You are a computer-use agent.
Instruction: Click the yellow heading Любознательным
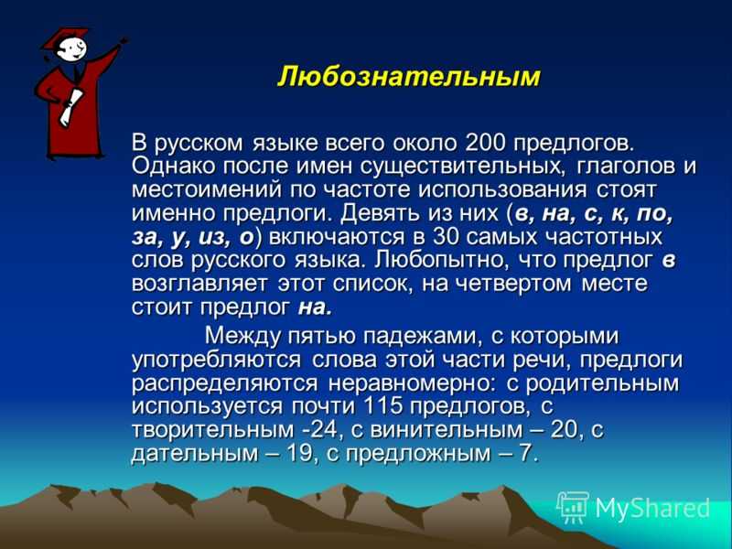(408, 77)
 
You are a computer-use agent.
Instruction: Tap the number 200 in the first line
(486, 143)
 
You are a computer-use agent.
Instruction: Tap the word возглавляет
(199, 284)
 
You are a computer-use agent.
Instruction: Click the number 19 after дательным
(299, 453)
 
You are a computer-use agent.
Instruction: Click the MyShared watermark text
(652, 508)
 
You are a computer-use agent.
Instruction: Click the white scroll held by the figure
(70, 107)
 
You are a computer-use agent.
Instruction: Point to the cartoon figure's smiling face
(73, 48)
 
